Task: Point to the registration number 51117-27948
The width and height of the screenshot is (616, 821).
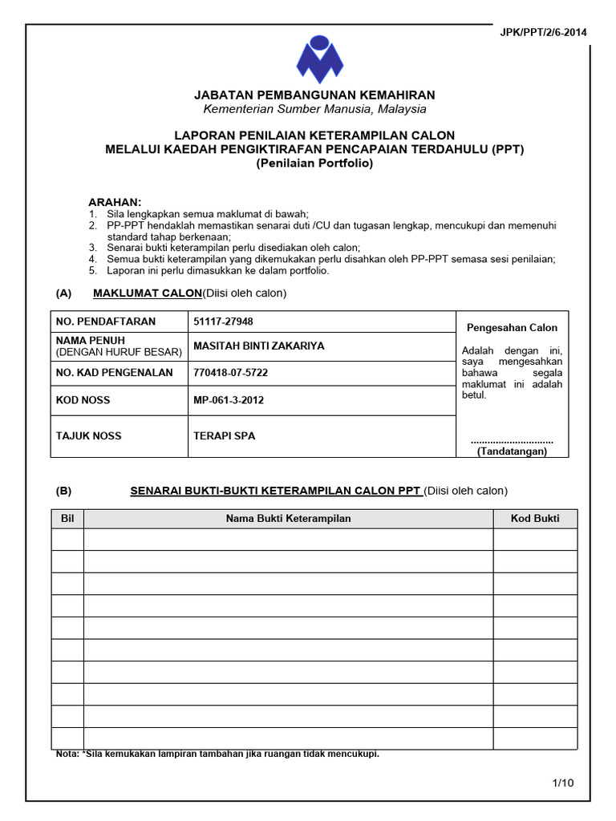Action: pyautogui.click(x=224, y=322)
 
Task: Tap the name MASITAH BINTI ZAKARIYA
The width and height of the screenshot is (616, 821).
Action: pyautogui.click(x=259, y=346)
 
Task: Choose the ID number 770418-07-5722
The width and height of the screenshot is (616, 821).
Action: pyautogui.click(x=230, y=373)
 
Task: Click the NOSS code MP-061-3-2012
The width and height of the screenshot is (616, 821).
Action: pyautogui.click(x=229, y=400)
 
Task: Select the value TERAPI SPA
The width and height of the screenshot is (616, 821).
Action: pyautogui.click(x=225, y=436)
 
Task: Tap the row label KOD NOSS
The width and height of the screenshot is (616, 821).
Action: pyautogui.click(x=83, y=400)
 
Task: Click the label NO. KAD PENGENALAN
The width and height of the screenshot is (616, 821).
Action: pyautogui.click(x=114, y=373)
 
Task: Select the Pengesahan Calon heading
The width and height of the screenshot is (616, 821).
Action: pyautogui.click(x=513, y=327)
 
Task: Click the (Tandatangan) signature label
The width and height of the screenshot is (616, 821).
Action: pyautogui.click(x=512, y=451)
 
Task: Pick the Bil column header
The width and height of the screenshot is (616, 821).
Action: pyautogui.click(x=67, y=519)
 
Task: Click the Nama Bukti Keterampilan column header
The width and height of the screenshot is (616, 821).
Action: pyautogui.click(x=288, y=519)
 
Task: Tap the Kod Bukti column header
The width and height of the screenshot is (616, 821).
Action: pyautogui.click(x=535, y=519)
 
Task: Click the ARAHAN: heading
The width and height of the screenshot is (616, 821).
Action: pyautogui.click(x=114, y=201)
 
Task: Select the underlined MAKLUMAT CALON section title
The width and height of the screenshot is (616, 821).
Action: pyautogui.click(x=147, y=293)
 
